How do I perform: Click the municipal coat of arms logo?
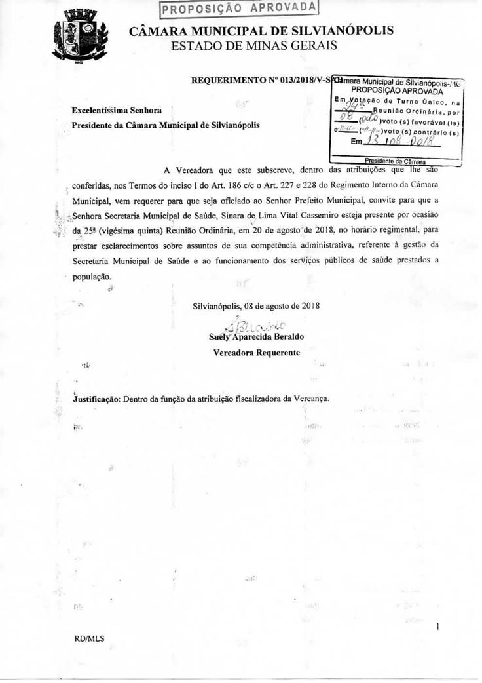tap(79, 38)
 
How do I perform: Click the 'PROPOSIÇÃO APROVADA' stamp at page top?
tap(239, 9)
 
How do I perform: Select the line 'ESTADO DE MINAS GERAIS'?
tap(253, 45)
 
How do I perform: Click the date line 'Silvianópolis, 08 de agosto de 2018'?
tap(256, 306)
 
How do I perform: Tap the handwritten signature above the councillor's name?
tap(256, 324)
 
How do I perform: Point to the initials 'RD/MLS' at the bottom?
tap(90, 638)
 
